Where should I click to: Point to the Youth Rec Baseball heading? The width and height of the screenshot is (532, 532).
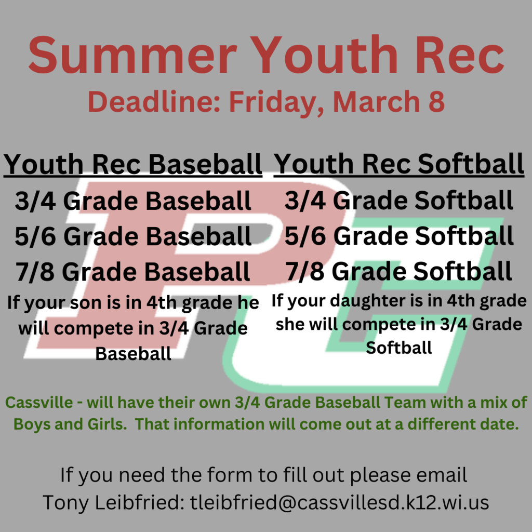point(133,164)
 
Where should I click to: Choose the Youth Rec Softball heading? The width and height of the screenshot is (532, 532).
point(399,164)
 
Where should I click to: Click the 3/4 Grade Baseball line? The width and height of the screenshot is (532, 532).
point(133,202)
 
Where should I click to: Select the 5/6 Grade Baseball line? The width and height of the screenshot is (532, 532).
point(133,236)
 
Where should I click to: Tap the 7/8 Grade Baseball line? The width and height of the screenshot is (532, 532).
point(133,272)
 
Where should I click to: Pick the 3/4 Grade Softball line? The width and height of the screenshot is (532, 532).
point(399,202)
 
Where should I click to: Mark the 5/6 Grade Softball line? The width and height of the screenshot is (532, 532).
point(399,236)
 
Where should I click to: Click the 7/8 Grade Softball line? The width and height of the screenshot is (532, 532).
point(399,272)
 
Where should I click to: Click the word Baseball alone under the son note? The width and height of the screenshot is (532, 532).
point(133,354)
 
